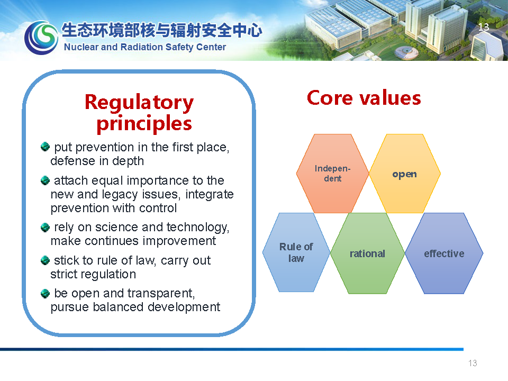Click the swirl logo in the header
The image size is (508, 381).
pos(41,38)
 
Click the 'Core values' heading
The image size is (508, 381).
pos(364,98)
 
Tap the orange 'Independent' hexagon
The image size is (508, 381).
pos(333,174)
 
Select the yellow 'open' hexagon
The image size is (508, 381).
pos(405,174)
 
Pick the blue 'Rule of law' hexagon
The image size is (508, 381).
pos(296,252)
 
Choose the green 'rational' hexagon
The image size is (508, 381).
pos(367,253)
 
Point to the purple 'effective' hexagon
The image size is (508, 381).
pos(444,253)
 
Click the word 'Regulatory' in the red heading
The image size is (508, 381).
pos(139,103)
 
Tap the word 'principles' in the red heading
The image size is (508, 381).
pos(144,124)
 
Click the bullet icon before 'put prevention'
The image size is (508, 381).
pos(45,147)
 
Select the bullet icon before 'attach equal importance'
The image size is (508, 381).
pos(45,180)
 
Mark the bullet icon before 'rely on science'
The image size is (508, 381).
pos(45,228)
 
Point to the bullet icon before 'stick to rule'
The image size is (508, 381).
pos(45,260)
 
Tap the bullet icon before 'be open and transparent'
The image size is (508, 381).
pos(45,294)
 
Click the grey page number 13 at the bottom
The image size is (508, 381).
pos(473,363)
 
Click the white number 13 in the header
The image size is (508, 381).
pos(484,27)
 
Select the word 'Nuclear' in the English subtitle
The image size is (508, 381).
pos(81,47)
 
